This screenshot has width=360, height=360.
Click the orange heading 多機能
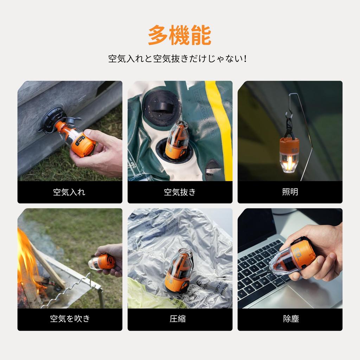(180, 36)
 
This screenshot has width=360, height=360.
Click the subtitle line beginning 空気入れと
(178, 58)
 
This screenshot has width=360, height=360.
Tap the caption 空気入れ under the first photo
(69, 192)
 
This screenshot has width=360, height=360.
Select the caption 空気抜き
(180, 192)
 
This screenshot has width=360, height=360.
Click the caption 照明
(290, 192)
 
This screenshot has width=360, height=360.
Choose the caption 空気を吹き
(70, 319)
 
